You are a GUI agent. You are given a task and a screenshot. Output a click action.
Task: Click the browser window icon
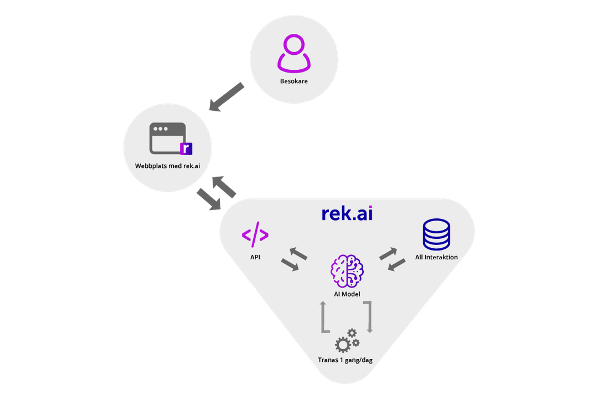(168, 138)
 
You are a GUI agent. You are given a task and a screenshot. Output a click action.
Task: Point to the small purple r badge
(185, 148)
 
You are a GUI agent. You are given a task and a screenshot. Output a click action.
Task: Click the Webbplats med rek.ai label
(167, 165)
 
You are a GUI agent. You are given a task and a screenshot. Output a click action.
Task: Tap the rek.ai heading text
(347, 213)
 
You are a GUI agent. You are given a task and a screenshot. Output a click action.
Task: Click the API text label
(255, 257)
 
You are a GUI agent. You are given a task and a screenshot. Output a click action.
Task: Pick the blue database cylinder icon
(436, 234)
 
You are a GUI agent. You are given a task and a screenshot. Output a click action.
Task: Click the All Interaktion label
(436, 257)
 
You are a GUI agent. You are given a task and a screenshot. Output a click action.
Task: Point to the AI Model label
(347, 294)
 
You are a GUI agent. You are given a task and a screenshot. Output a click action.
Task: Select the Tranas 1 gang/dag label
(346, 360)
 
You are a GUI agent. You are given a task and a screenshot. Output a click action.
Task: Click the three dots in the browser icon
(161, 129)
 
